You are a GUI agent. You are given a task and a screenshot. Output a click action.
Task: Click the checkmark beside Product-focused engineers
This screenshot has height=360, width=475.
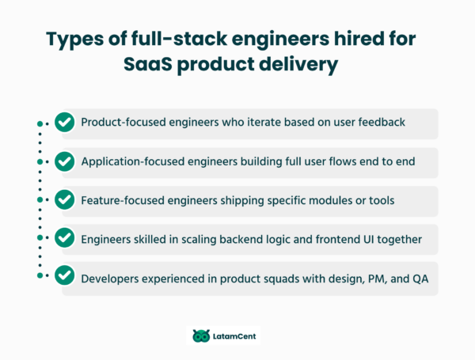pyautogui.click(x=64, y=123)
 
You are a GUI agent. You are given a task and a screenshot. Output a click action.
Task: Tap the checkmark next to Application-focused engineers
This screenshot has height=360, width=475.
pyautogui.click(x=64, y=161)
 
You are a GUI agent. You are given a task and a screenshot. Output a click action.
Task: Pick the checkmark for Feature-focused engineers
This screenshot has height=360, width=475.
pyautogui.click(x=64, y=200)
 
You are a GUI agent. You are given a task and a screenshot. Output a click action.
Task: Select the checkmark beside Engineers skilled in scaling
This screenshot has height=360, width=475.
pyautogui.click(x=64, y=239)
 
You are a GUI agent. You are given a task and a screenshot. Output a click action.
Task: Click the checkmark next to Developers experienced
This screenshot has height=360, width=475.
pyautogui.click(x=64, y=277)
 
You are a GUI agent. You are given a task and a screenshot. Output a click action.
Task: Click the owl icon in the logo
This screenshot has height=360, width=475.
pyautogui.click(x=201, y=335)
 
